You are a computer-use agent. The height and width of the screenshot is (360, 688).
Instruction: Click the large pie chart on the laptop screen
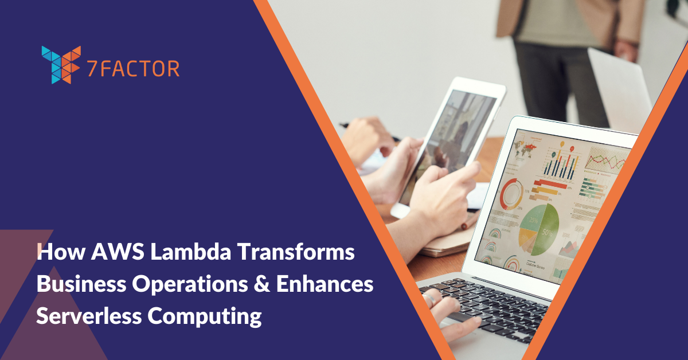[538, 229]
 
